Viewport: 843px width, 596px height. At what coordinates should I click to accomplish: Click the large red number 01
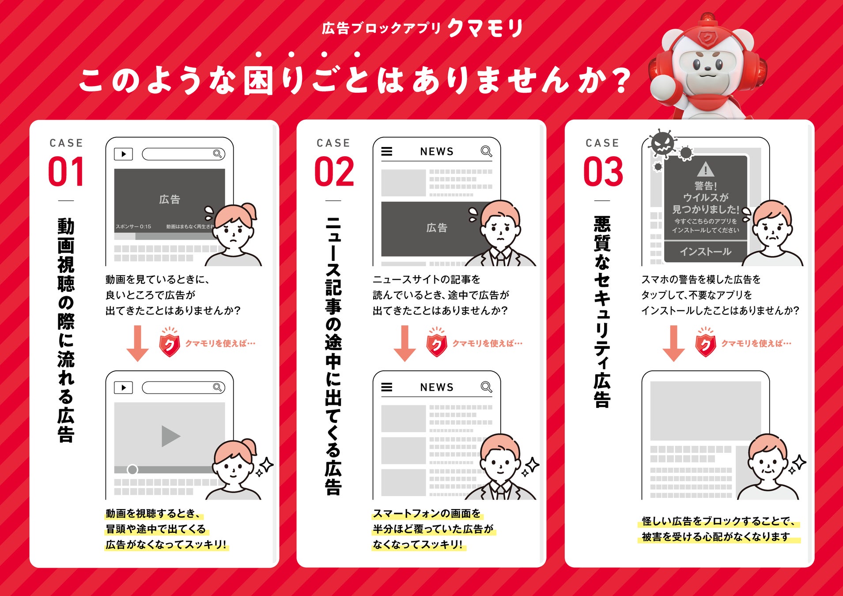tap(66, 171)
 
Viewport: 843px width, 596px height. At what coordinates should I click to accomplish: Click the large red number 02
tap(334, 171)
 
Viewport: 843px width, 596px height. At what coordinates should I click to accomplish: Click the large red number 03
tap(603, 171)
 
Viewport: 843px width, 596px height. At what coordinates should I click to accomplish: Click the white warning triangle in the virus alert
tap(706, 169)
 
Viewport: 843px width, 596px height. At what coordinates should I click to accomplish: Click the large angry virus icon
tap(662, 143)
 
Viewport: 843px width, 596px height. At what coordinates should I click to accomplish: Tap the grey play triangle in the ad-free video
tap(170, 436)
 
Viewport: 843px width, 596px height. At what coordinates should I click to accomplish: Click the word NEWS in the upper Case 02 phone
tap(437, 151)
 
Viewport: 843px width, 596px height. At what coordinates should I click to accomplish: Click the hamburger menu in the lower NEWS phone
tap(387, 387)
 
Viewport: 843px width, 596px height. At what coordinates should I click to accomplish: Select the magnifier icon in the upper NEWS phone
tap(486, 151)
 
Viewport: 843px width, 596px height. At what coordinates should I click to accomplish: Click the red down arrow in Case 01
tap(138, 343)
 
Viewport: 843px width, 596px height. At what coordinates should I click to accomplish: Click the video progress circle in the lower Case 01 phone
tap(132, 469)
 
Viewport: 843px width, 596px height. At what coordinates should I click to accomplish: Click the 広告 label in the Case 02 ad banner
tap(437, 228)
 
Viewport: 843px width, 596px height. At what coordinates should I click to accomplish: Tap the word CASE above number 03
tap(602, 143)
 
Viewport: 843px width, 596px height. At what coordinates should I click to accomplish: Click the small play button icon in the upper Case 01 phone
tap(123, 154)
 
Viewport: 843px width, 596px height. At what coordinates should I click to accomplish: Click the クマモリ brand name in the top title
tap(485, 28)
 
